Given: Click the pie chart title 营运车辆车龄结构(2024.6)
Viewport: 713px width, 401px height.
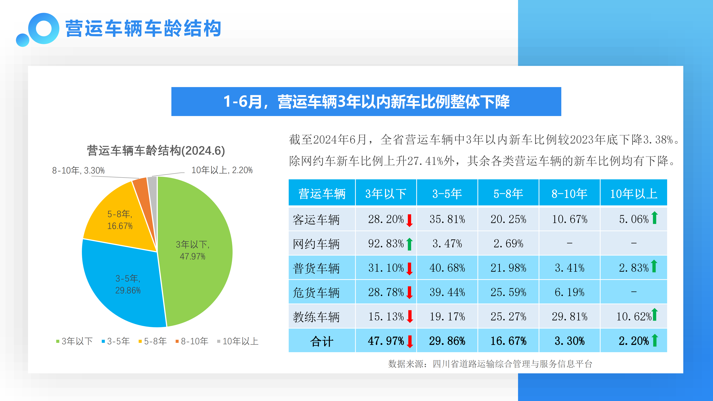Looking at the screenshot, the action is click(x=156, y=151).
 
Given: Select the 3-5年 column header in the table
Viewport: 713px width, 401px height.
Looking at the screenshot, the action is click(x=447, y=193).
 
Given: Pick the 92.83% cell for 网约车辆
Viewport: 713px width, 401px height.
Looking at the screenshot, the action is click(x=386, y=244).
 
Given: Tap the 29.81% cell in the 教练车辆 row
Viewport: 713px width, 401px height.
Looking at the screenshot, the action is click(x=569, y=317).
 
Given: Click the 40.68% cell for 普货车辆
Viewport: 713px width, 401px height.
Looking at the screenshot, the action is click(x=447, y=268).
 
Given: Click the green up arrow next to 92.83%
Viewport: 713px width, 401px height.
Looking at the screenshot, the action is click(x=410, y=244).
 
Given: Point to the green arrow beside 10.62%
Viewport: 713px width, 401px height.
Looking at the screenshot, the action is click(x=655, y=314).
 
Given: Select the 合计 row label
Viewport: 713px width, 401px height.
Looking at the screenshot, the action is click(x=322, y=341).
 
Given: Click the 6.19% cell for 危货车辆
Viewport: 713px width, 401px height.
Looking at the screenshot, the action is click(x=569, y=292).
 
